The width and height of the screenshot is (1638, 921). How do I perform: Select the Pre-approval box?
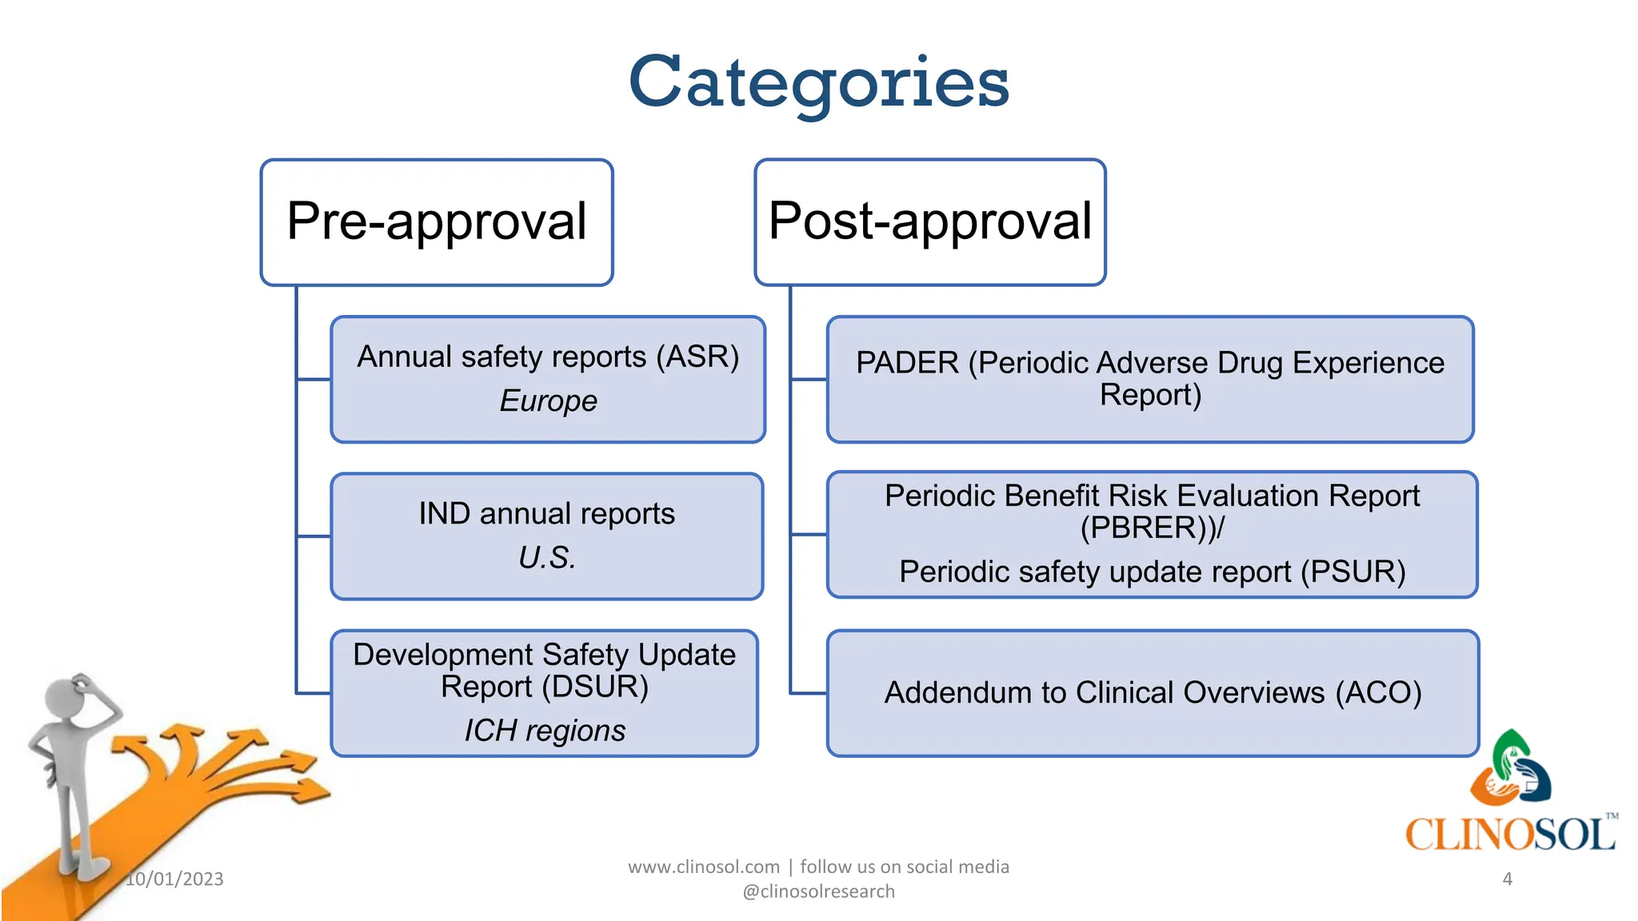437,221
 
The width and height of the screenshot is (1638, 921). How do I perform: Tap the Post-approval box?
929,221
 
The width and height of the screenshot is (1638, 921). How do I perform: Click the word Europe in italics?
548,401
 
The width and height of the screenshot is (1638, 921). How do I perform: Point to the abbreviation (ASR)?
697,357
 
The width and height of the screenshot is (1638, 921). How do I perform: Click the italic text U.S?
546,558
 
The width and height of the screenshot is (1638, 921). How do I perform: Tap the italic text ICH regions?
545,731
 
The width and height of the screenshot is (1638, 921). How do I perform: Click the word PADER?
907,363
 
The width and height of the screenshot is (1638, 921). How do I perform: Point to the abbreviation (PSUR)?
1352,572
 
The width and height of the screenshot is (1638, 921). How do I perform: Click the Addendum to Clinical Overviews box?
1152,693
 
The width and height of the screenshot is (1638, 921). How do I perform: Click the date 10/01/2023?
174,879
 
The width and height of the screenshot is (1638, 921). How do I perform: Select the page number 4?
1507,879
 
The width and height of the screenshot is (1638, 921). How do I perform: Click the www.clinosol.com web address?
704,867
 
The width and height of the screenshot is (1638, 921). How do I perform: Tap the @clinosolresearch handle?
818,891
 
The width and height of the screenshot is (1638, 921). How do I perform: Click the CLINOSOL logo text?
1510,834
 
